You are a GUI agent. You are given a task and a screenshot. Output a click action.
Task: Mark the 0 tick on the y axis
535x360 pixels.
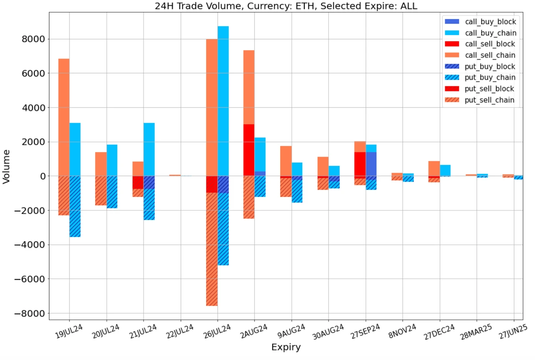[x=41, y=176]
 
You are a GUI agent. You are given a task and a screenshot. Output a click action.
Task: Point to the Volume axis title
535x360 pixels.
[x=6, y=166]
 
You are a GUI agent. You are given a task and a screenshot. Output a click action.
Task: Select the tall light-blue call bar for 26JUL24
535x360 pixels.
[x=223, y=100]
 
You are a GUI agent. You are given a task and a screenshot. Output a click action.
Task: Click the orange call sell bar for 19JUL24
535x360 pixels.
[x=64, y=117]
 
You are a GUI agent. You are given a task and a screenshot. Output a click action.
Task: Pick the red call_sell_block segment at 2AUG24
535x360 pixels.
[x=249, y=150]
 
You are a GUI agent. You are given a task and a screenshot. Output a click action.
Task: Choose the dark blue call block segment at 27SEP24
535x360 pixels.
[x=371, y=164]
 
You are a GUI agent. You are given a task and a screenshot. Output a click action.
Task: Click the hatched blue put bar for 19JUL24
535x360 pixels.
[x=75, y=206]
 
